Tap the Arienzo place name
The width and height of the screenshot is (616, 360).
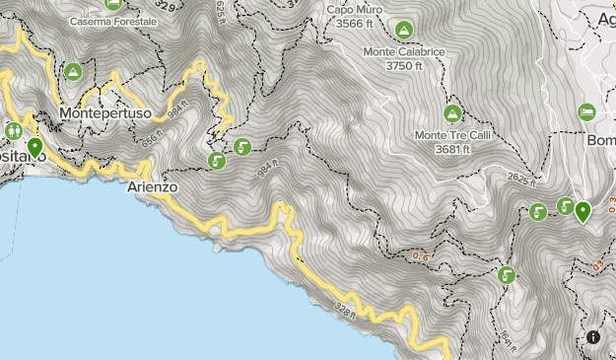[153, 185]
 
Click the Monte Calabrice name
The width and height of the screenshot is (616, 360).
[403, 51]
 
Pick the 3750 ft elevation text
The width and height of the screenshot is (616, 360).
[403, 65]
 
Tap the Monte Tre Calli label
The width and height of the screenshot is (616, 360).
[452, 135]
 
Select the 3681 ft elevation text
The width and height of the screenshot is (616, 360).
[452, 149]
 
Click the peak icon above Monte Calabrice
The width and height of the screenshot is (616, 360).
[403, 30]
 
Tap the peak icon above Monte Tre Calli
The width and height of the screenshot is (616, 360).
[452, 113]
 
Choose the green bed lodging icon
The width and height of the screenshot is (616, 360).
[586, 111]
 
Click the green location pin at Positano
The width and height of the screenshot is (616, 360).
[35, 148]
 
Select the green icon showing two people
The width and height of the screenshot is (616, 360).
[14, 129]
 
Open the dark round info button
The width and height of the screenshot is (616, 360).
[593, 337]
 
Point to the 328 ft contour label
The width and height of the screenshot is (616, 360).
[345, 310]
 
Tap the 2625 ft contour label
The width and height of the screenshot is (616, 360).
[523, 180]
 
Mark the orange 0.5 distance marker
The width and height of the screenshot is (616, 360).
[422, 257]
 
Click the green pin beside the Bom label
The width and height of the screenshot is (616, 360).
[583, 210]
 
